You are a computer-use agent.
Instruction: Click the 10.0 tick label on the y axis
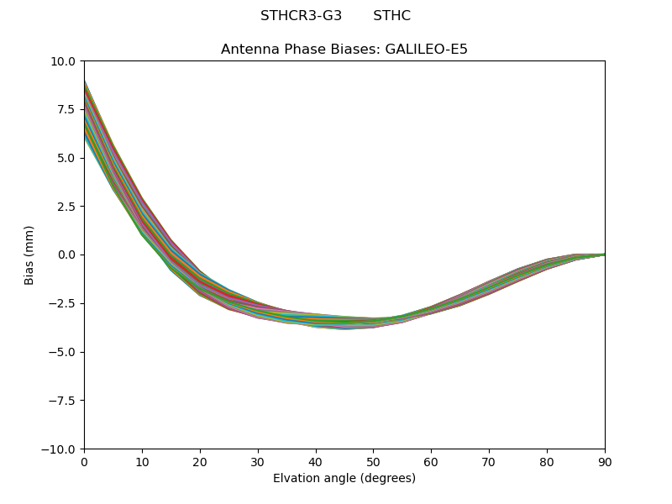pos(64,60)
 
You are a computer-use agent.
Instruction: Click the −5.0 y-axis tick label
pos(64,352)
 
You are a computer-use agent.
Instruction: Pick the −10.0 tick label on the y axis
pos(60,449)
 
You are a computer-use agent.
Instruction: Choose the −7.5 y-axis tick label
pos(64,401)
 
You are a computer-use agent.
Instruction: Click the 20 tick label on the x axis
pos(200,462)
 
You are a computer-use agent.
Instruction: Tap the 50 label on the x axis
pos(373,462)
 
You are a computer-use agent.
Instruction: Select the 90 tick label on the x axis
pos(605,462)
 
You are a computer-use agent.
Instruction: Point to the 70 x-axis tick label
pos(489,462)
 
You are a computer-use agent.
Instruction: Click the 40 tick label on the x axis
pos(316,462)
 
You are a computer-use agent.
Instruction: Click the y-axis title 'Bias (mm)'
pos(29,255)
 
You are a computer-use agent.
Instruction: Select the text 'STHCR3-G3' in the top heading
pos(301,16)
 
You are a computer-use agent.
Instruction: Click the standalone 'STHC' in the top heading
pos(391,16)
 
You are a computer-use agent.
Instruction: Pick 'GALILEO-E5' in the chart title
pos(426,50)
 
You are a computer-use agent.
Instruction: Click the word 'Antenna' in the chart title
pos(247,50)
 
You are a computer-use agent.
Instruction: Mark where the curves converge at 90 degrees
pos(604,254)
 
